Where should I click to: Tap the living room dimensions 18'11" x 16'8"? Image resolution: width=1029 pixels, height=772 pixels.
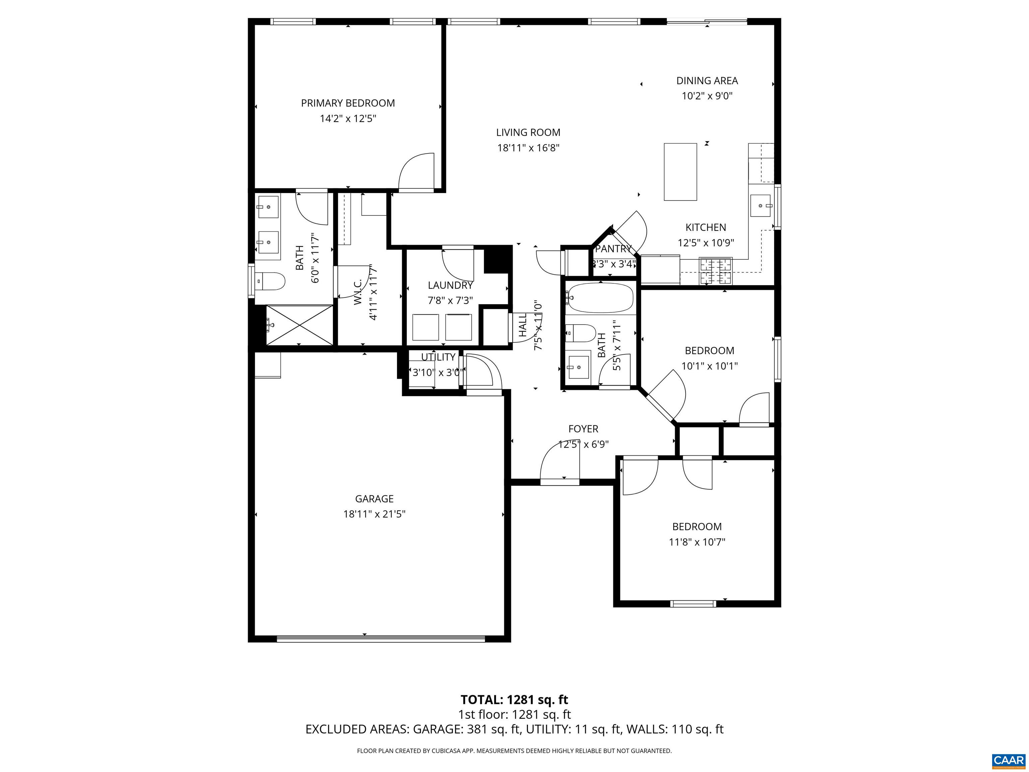(x=528, y=148)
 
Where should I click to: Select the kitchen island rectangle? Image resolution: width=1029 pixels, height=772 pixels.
(x=680, y=172)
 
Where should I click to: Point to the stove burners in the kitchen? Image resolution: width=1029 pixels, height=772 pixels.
(x=715, y=272)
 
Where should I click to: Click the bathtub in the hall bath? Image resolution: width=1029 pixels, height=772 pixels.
(x=601, y=298)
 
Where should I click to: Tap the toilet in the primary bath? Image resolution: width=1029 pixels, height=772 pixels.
(x=271, y=281)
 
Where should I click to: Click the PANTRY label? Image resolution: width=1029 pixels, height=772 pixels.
(x=613, y=249)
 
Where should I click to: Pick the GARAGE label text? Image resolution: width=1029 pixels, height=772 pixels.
(x=374, y=499)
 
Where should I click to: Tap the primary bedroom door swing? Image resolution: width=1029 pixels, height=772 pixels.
(x=416, y=172)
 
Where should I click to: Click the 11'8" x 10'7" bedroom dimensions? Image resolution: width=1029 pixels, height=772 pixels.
(x=697, y=542)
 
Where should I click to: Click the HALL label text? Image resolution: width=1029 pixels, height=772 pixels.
(x=523, y=325)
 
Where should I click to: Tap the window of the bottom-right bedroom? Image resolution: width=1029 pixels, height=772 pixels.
(x=693, y=604)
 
